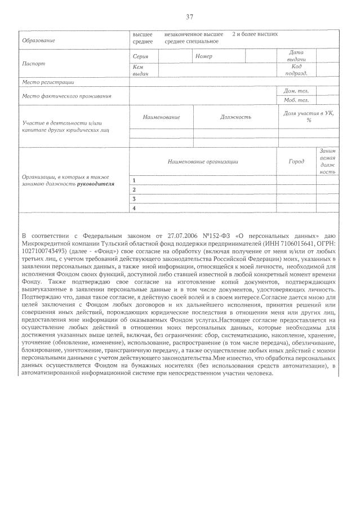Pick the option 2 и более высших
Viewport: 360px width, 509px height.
point(255,34)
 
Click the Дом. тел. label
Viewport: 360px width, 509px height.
point(296,91)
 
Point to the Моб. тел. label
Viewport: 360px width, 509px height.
point(296,100)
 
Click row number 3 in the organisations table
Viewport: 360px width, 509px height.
point(134,199)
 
